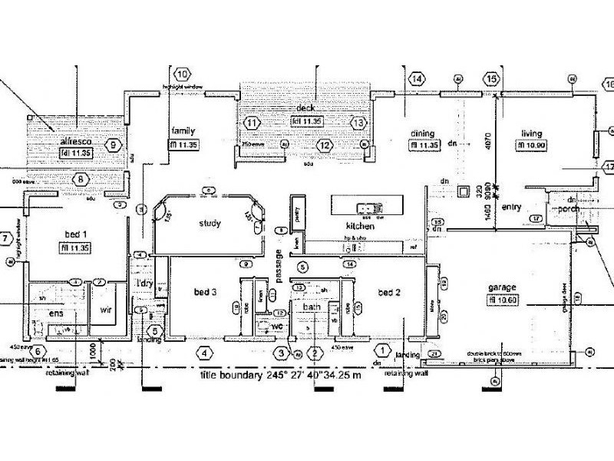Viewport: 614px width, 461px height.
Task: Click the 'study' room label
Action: point(210,224)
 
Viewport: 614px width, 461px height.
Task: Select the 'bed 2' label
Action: point(390,293)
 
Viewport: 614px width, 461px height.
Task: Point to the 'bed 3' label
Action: point(206,293)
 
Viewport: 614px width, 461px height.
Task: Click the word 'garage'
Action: point(501,287)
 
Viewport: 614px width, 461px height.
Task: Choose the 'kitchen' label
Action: point(360,227)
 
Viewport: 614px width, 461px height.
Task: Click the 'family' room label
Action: point(185,131)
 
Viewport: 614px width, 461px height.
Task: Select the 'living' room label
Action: point(531,132)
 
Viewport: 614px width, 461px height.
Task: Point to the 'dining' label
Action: point(424,132)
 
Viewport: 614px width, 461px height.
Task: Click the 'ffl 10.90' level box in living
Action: point(531,145)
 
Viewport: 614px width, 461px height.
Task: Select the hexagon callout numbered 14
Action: point(417,79)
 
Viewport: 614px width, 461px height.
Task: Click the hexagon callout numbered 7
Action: point(6,238)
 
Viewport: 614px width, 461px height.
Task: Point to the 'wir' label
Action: point(107,311)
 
